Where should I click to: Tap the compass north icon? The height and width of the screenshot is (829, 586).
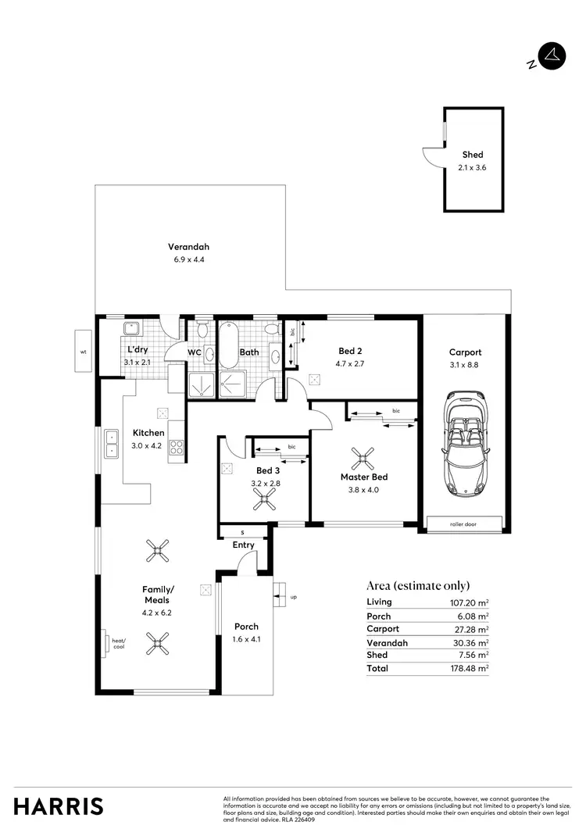(552, 56)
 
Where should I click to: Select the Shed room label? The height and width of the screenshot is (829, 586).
(472, 155)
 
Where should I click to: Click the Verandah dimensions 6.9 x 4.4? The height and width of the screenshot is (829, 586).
(188, 259)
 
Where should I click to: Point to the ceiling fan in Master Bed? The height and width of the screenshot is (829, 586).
(363, 458)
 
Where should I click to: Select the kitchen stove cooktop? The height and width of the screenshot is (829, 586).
(177, 448)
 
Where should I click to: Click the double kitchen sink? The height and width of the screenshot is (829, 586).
(112, 443)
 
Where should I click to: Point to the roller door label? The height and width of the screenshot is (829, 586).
(464, 524)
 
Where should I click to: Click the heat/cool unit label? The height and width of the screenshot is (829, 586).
(119, 643)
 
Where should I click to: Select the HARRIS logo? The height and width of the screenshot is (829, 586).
(59, 806)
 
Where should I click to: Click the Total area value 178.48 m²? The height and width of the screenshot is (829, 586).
(472, 669)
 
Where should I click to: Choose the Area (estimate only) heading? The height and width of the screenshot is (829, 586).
(418, 586)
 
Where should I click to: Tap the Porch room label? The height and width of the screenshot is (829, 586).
(246, 627)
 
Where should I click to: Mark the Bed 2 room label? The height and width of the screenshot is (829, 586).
(350, 351)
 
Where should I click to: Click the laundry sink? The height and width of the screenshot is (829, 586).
(130, 328)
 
